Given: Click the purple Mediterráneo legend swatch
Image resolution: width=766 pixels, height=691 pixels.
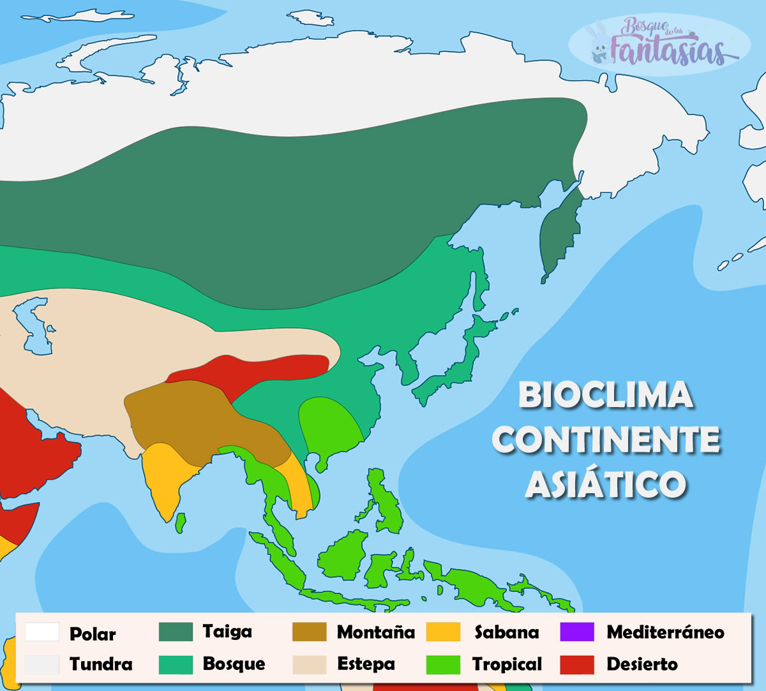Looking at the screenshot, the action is point(576,632).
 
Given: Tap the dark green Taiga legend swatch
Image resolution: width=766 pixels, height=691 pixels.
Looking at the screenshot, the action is point(175,632).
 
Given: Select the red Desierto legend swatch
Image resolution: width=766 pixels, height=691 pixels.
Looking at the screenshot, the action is point(576,664).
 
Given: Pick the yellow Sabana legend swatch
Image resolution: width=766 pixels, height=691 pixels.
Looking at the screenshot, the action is point(443,632).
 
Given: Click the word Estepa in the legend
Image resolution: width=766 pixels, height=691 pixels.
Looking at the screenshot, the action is point(366,664).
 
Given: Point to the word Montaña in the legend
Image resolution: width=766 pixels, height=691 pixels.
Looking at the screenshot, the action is point(375,632).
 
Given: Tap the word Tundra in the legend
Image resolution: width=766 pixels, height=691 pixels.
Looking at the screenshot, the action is point(101,664).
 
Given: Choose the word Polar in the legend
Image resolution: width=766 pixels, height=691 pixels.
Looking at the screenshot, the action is point(93,634).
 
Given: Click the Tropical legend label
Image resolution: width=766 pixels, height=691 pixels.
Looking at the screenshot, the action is point(507,664).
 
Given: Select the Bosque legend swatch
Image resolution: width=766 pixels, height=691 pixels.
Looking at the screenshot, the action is point(175,664).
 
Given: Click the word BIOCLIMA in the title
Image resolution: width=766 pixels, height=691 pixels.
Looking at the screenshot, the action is point(605,396).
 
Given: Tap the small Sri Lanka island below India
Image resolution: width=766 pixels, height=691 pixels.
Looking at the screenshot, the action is point(181,523).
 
